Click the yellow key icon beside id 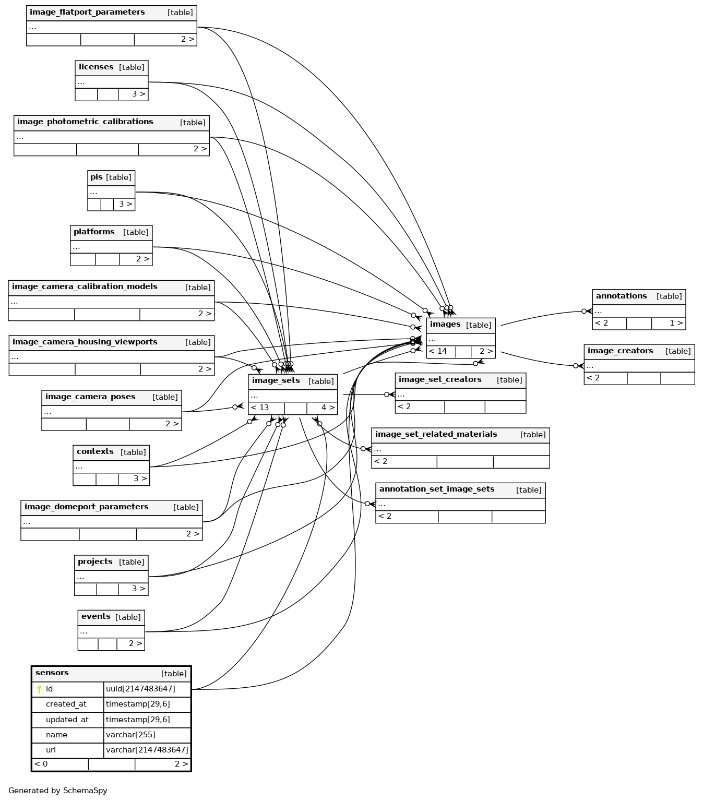39,689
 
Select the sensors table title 52,673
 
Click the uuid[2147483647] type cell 140,689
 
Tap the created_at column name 66,704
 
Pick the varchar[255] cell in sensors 130,735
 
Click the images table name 445,325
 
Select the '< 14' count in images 438,351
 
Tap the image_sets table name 276,381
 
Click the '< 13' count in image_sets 260,408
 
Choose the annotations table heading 621,296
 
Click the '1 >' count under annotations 676,323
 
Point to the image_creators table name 620,351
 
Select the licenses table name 96,67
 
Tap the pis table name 97,177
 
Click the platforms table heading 94,232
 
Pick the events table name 96,617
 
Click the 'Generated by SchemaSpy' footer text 58,791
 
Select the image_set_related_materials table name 436,435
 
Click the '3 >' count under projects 138,589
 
